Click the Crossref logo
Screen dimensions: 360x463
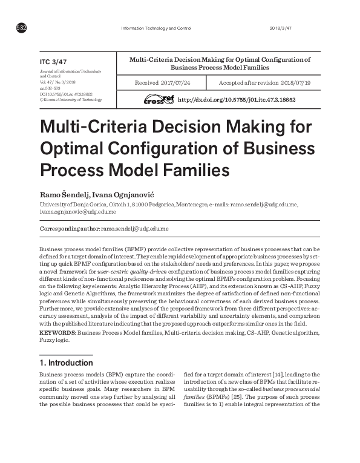click(x=159, y=99)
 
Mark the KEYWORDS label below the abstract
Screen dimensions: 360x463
click(x=57, y=333)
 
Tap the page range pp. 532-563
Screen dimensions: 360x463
click(x=51, y=88)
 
